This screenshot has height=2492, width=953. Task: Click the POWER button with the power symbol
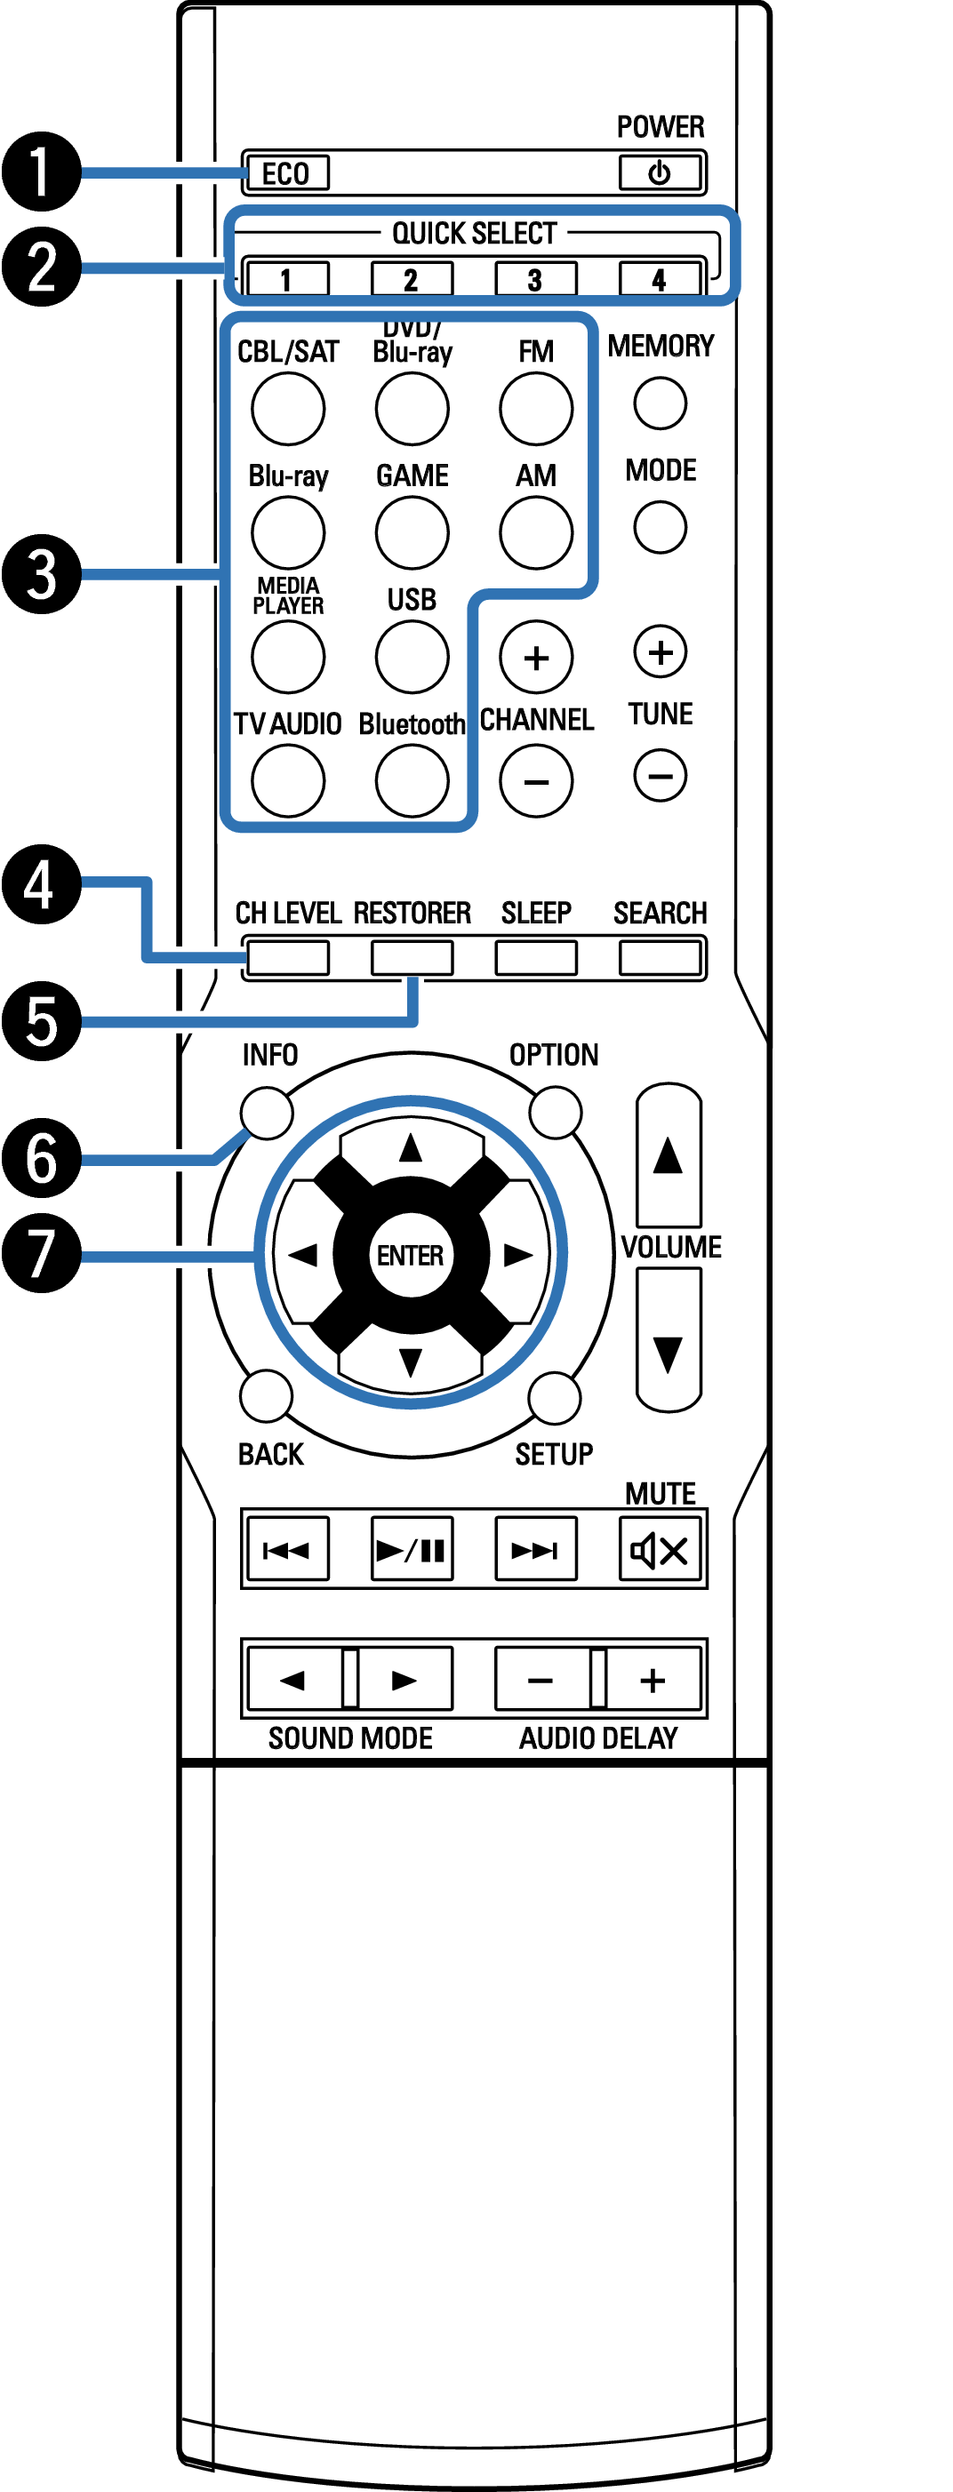pyautogui.click(x=659, y=173)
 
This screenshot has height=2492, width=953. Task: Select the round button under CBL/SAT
pyautogui.click(x=287, y=408)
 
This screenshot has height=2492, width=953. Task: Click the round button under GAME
pyautogui.click(x=412, y=532)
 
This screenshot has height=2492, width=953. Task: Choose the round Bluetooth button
pyautogui.click(x=412, y=779)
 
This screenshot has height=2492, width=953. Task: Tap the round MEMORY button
pyautogui.click(x=660, y=403)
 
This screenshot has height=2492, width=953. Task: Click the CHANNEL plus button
pyautogui.click(x=536, y=657)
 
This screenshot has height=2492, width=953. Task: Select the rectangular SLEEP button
pyautogui.click(x=536, y=958)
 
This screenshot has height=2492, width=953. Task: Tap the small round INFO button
pyautogui.click(x=267, y=1113)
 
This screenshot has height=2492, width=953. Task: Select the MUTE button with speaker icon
pyautogui.click(x=660, y=1550)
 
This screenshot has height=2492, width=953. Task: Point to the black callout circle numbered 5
pyautogui.click(x=41, y=1020)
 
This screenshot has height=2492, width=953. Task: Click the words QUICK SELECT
pyautogui.click(x=474, y=233)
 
